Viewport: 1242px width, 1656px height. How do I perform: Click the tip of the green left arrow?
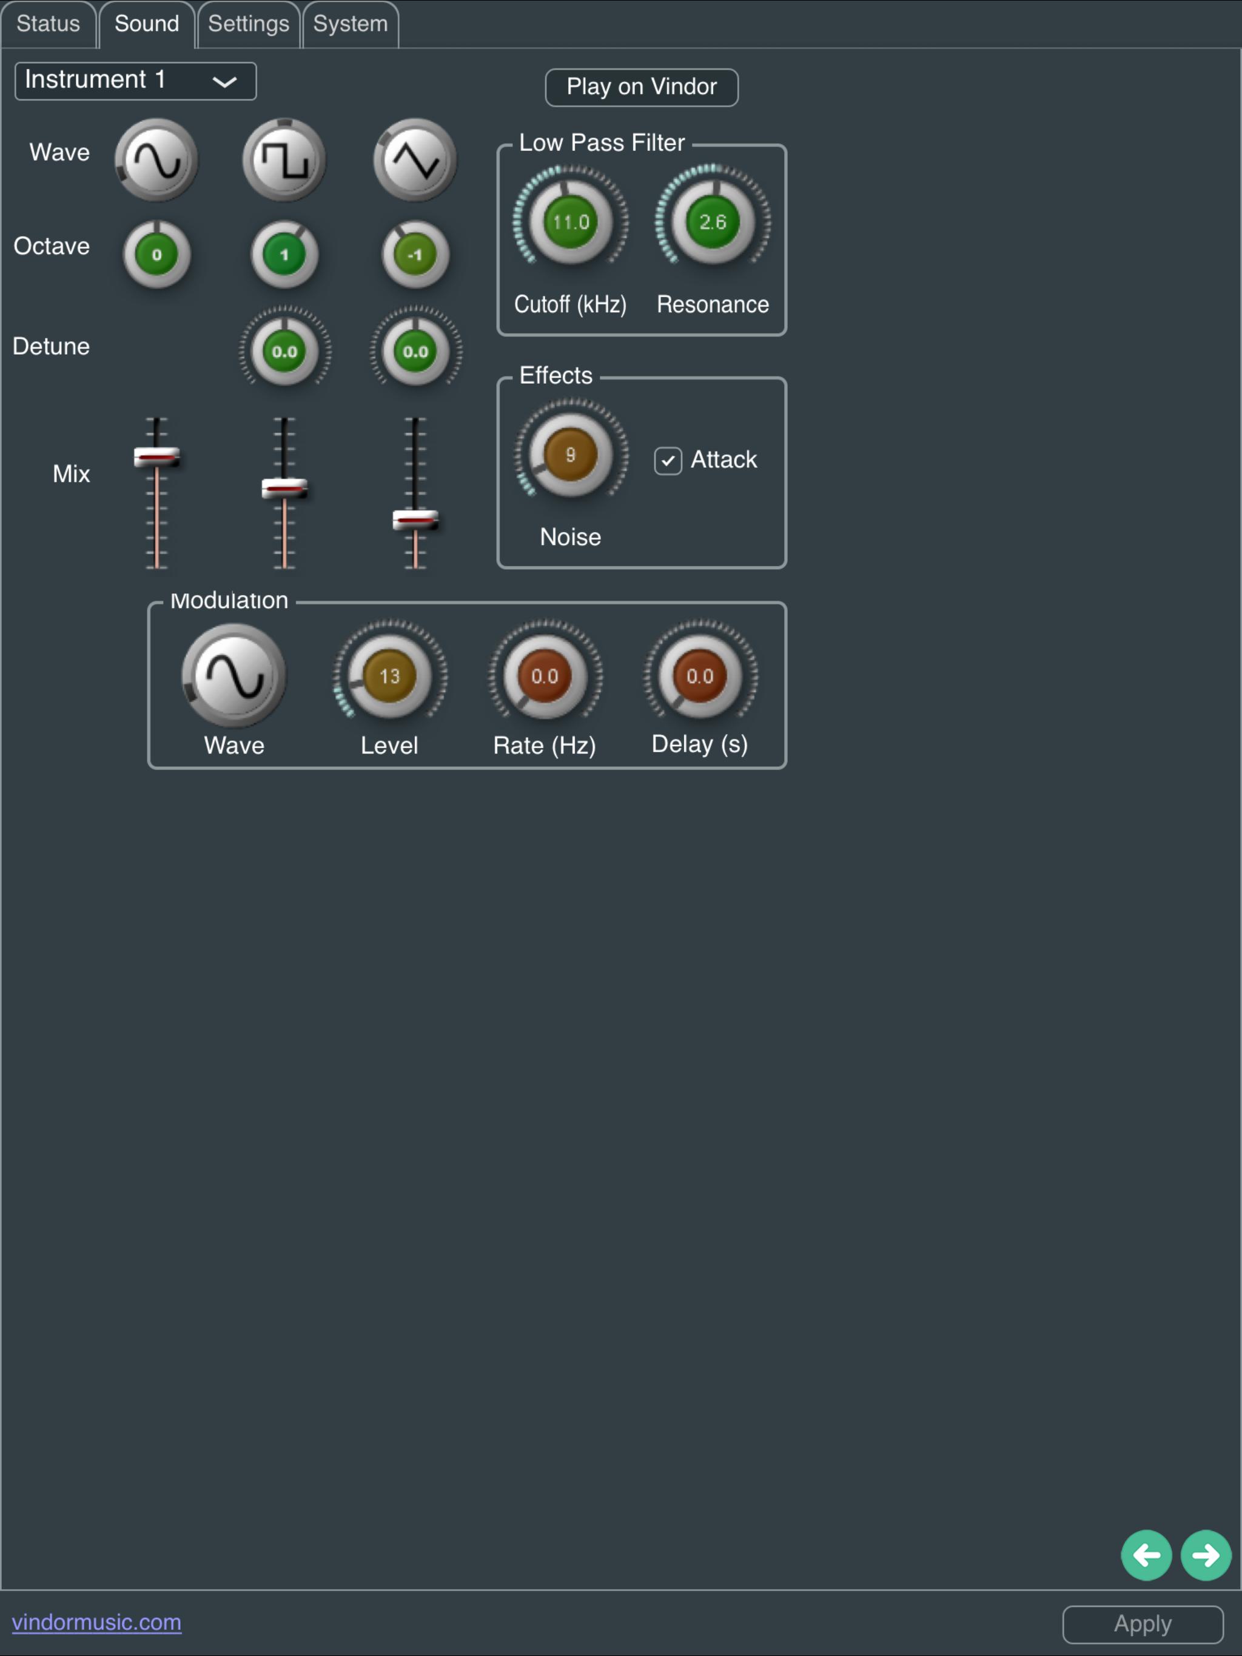pos(1133,1555)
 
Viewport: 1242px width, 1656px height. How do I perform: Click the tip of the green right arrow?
pos(1220,1555)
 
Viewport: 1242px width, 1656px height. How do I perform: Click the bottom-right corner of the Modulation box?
pos(786,768)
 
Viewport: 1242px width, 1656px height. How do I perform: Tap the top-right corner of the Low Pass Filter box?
pos(786,145)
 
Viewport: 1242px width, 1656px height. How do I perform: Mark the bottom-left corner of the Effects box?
pos(498,567)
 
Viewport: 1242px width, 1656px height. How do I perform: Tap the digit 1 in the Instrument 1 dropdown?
pos(159,79)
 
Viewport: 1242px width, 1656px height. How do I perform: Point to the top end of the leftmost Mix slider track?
pos(156,418)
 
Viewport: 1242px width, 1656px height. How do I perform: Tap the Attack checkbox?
pos(668,461)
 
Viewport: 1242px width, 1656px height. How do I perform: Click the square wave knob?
pos(284,159)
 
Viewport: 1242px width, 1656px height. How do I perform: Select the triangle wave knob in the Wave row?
pos(415,159)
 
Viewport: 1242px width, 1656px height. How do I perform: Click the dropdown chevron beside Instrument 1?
pos(225,82)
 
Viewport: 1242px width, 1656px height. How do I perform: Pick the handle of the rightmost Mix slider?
pos(415,519)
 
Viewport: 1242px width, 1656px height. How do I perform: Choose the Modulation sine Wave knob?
pos(233,675)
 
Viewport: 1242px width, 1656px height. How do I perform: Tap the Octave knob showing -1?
pos(415,255)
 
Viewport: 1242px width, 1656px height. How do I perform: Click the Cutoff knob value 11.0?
pos(571,222)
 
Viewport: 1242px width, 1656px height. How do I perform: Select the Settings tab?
pos(249,24)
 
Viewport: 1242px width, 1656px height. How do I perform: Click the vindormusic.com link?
pos(96,1621)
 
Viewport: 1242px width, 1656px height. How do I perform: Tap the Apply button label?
pos(1143,1624)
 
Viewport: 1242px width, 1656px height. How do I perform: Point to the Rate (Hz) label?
pos(545,745)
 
